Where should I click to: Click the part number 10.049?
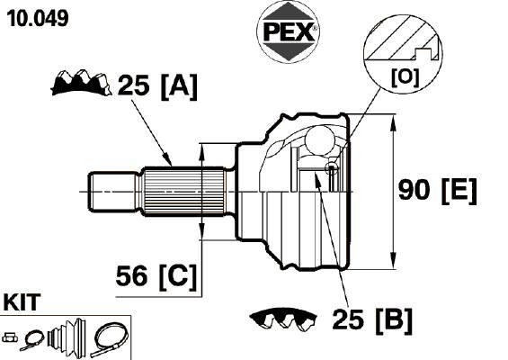click(x=38, y=18)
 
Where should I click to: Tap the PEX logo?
click(x=288, y=31)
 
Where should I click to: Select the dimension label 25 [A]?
click(x=157, y=86)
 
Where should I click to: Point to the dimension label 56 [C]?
click(x=156, y=276)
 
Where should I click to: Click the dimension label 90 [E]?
click(x=437, y=191)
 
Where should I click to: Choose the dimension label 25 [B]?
click(x=372, y=320)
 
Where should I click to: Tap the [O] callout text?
click(x=405, y=77)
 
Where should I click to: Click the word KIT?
click(x=22, y=302)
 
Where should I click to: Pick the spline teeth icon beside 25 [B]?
click(x=282, y=319)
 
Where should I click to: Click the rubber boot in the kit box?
click(x=67, y=337)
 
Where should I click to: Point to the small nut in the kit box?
click(x=10, y=337)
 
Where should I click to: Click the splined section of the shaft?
click(x=184, y=192)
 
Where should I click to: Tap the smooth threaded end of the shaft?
click(x=111, y=192)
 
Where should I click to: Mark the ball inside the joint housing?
click(x=320, y=139)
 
